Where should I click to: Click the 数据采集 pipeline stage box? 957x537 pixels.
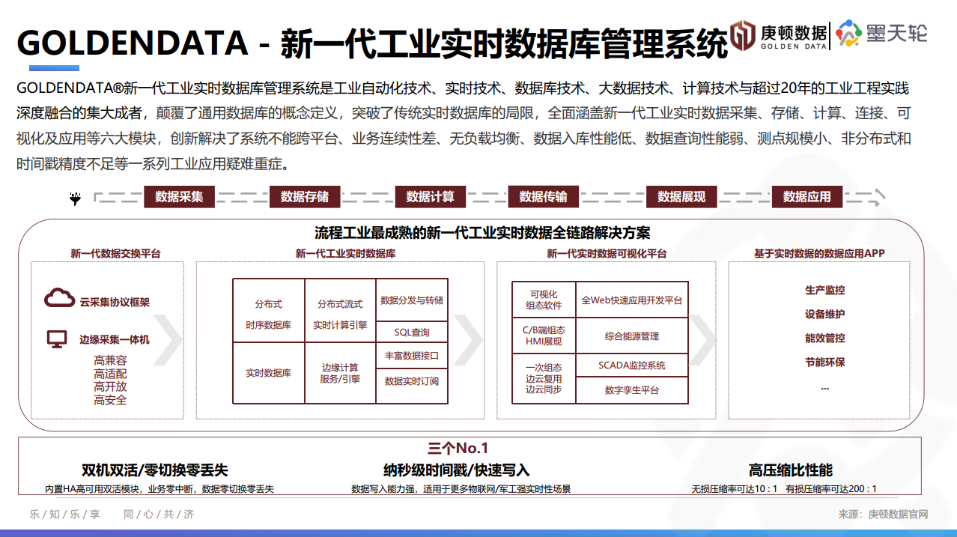pyautogui.click(x=179, y=197)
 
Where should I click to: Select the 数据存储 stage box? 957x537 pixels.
pyautogui.click(x=304, y=197)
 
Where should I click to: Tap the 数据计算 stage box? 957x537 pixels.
pyautogui.click(x=430, y=197)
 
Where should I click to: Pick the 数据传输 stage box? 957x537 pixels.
pyautogui.click(x=543, y=197)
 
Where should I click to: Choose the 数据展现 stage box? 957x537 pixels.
pyautogui.click(x=681, y=197)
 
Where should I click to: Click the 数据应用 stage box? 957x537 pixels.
pyautogui.click(x=806, y=197)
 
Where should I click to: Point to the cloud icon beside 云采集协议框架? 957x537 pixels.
pyautogui.click(x=59, y=298)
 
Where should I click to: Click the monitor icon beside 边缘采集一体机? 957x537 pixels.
pyautogui.click(x=57, y=339)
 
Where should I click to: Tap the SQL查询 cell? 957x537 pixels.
pyautogui.click(x=412, y=333)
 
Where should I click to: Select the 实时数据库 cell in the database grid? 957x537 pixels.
pyautogui.click(x=268, y=372)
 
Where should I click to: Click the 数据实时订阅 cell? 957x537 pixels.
pyautogui.click(x=412, y=381)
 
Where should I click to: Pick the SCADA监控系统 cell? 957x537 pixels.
pyautogui.click(x=631, y=365)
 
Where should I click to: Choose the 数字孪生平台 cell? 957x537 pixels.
pyautogui.click(x=631, y=390)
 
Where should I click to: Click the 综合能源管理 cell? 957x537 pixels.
pyautogui.click(x=631, y=336)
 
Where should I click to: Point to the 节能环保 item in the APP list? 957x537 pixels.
pyautogui.click(x=824, y=362)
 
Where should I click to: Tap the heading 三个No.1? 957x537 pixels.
pyautogui.click(x=458, y=449)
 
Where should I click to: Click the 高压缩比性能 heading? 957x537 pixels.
pyautogui.click(x=790, y=470)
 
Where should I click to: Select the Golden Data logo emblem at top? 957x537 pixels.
pyautogui.click(x=744, y=34)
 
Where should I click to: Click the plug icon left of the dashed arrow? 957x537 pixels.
pyautogui.click(x=75, y=198)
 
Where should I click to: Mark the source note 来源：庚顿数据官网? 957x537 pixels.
pyautogui.click(x=883, y=515)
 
